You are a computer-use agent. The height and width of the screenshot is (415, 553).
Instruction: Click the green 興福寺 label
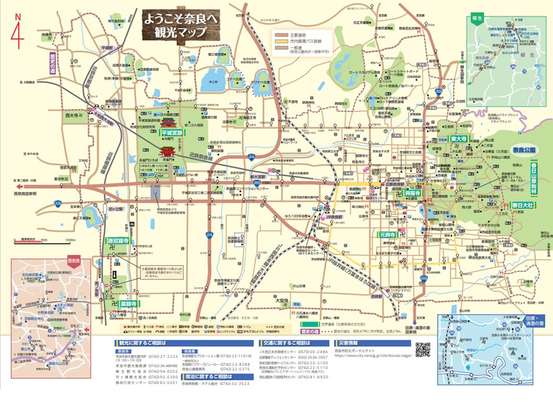[414, 193]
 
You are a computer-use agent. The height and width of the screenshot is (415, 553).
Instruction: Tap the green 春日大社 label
[521, 205]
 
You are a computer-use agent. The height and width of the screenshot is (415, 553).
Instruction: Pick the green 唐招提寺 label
[117, 241]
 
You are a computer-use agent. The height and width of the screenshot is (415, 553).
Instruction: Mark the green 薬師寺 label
[128, 303]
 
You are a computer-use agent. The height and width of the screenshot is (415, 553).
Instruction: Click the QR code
[423, 350]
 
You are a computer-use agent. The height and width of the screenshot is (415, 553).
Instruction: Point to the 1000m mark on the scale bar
[70, 240]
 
